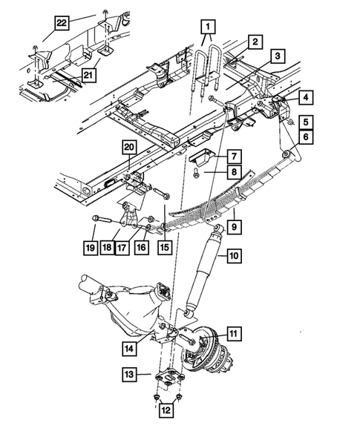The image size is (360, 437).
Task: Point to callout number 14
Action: click(x=129, y=347)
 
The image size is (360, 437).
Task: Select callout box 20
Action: click(x=130, y=148)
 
